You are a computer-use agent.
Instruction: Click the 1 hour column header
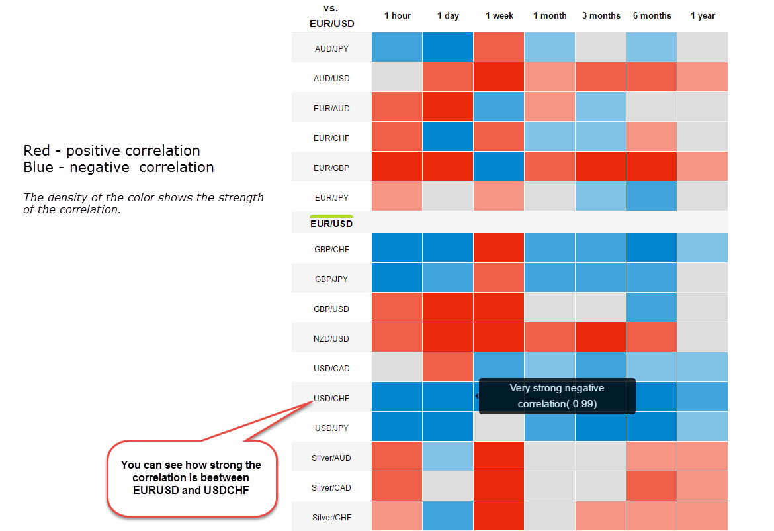pyautogui.click(x=398, y=15)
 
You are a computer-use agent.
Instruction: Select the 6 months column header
pyautogui.click(x=652, y=15)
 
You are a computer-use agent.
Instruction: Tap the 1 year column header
pyautogui.click(x=703, y=15)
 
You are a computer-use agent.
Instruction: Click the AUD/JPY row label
pyautogui.click(x=331, y=48)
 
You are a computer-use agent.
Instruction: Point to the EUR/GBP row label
pyautogui.click(x=331, y=168)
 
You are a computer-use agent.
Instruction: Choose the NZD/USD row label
pyautogui.click(x=331, y=338)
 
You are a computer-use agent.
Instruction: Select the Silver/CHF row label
pyautogui.click(x=331, y=517)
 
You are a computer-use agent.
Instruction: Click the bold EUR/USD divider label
pyautogui.click(x=331, y=223)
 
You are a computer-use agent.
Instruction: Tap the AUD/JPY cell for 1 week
pyautogui.click(x=499, y=47)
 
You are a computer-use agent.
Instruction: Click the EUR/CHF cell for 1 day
pyautogui.click(x=448, y=136)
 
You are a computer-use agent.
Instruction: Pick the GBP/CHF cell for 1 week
pyautogui.click(x=499, y=248)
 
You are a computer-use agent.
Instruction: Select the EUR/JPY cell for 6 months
pyautogui.click(x=652, y=196)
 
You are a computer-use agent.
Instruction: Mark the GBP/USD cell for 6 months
pyautogui.click(x=652, y=307)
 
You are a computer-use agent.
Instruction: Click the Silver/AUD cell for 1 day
pyautogui.click(x=448, y=456)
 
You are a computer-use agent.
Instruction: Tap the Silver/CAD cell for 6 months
pyautogui.click(x=652, y=486)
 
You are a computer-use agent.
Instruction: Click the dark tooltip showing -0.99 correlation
pyautogui.click(x=557, y=396)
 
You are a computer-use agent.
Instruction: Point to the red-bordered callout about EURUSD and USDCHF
pyautogui.click(x=192, y=478)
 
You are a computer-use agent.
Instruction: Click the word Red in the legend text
pyautogui.click(x=36, y=150)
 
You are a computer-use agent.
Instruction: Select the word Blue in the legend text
pyautogui.click(x=38, y=167)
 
